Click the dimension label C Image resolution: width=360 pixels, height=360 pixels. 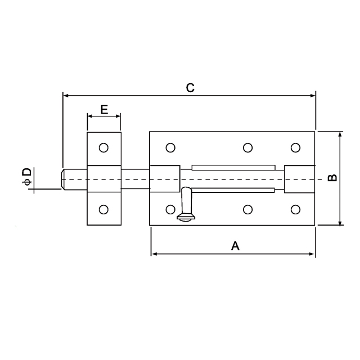tap(190, 87)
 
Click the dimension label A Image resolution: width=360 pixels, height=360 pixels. tap(235, 245)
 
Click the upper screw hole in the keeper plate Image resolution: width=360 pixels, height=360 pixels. tap(103, 148)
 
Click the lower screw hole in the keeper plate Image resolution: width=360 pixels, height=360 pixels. tap(103, 210)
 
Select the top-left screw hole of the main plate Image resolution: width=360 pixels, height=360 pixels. tap(170, 148)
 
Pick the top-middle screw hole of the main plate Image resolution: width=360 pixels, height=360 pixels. tap(247, 148)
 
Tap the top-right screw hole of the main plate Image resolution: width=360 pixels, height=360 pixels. tap(295, 148)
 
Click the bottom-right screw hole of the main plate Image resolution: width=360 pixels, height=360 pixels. tap(295, 210)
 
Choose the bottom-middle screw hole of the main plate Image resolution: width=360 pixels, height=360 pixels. tap(247, 210)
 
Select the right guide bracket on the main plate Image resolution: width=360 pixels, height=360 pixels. tap(299, 179)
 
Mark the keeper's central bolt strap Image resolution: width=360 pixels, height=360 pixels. tap(103, 179)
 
